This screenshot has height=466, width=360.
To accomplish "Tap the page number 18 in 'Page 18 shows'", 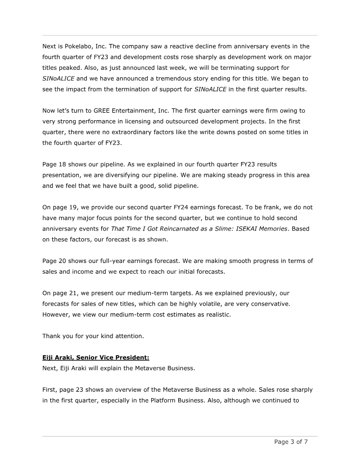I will click(65, 164).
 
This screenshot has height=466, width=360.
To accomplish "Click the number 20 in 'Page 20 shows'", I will click(65, 261).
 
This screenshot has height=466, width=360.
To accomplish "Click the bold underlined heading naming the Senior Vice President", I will click(95, 357).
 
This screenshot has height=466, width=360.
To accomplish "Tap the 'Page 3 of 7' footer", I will click(291, 442).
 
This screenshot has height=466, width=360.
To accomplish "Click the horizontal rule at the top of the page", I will click(180, 35).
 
